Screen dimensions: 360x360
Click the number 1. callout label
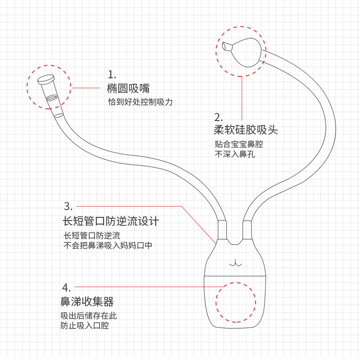coord(112,74)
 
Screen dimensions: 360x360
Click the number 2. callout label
coord(219,117)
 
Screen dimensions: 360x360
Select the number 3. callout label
coord(68,207)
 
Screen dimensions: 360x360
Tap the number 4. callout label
coord(66,287)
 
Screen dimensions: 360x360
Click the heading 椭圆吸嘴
coord(128,88)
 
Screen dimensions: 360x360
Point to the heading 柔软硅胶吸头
coord(245,130)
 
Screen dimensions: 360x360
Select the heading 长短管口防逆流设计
coord(111,221)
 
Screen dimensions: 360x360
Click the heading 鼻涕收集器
coord(87,301)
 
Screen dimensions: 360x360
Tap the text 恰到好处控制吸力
coord(140,102)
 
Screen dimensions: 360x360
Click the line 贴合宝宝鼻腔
coord(238,145)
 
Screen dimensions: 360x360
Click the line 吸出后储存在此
coord(89,315)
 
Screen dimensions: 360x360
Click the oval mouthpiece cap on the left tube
coord(46,80)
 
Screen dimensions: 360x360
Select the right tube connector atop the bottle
coord(247,230)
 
